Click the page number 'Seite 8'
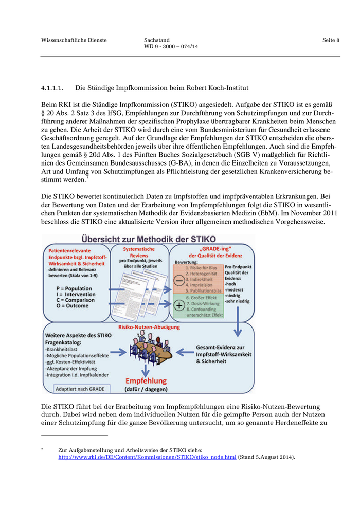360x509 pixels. pos(331,40)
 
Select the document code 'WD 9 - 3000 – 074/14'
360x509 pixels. pos(171,47)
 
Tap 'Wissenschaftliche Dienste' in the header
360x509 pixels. pos(74,40)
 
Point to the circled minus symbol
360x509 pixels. pos(177,281)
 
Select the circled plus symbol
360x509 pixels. pos(178,304)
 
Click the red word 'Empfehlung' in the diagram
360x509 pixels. pos(147,381)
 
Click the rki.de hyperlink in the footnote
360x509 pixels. pos(147,457)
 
